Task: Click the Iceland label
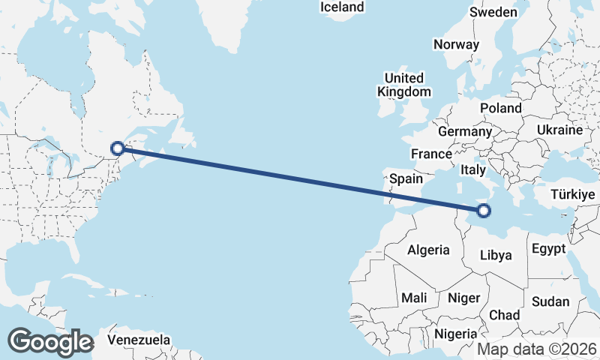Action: [x=342, y=7]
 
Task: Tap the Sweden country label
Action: [x=493, y=12]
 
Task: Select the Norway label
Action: [x=456, y=44]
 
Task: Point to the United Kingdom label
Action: [x=404, y=85]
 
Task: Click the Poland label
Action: [x=501, y=108]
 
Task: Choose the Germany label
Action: [x=464, y=131]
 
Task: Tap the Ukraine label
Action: [x=559, y=130]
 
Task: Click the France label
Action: [x=431, y=154]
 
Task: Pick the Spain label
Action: [x=406, y=179]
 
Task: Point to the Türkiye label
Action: [x=573, y=194]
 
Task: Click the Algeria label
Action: [x=428, y=250]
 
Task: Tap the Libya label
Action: [x=495, y=255]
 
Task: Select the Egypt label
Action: [x=547, y=249]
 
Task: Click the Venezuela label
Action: [x=138, y=340]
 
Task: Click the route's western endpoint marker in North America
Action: [x=118, y=148]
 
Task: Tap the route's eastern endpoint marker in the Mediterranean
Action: [x=484, y=211]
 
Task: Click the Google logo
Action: [x=50, y=342]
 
